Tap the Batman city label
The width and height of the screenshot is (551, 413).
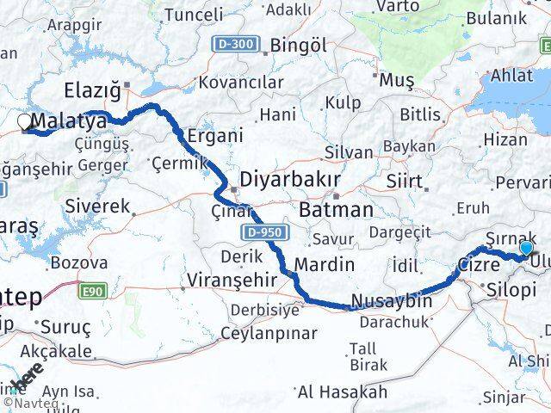337,209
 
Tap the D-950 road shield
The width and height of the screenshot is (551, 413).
262,233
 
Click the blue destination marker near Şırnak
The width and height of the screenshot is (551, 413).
526,248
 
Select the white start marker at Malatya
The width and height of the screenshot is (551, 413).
23,123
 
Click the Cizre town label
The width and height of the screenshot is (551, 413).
479,264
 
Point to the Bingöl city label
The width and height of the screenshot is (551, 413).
298,46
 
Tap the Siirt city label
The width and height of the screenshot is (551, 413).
405,182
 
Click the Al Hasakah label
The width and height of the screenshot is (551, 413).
343,392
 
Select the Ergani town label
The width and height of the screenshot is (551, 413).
215,135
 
